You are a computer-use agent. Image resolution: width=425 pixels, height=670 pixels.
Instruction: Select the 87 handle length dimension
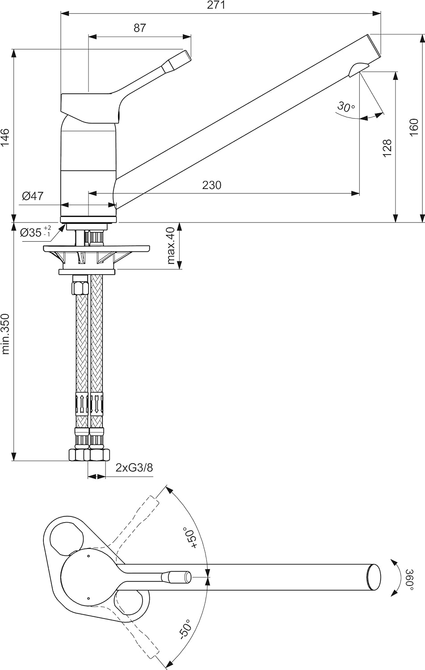[x=140, y=28]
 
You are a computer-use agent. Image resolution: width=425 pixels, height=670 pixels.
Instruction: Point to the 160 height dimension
[x=413, y=128]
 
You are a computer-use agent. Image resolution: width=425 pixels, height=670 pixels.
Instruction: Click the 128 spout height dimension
[x=387, y=148]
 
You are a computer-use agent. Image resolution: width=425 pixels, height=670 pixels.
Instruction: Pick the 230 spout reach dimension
[x=211, y=184]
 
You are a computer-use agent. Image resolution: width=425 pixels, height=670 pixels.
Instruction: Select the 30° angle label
[x=345, y=107]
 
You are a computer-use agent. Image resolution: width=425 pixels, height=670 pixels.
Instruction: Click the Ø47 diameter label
[x=32, y=196]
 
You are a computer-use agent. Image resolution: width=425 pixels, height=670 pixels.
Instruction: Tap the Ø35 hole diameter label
[x=36, y=232]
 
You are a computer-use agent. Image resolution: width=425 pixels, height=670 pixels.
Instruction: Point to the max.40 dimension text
[x=171, y=246]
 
